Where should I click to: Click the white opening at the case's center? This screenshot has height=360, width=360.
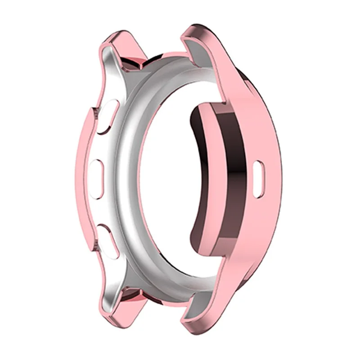coord(171,180)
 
